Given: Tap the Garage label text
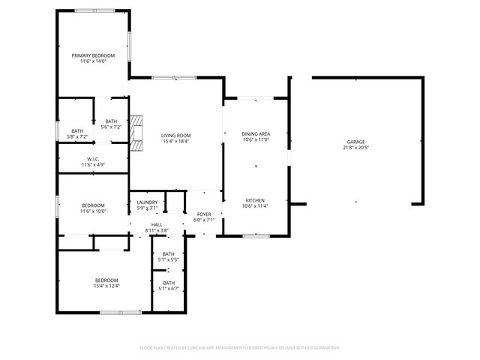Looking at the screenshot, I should [x=355, y=142].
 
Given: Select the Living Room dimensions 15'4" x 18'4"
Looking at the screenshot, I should [x=175, y=141].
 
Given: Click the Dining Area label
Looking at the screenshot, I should [x=256, y=134].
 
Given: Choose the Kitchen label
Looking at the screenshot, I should [x=256, y=200].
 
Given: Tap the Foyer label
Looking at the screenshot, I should [x=204, y=215].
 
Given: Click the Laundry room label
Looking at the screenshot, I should [x=147, y=202].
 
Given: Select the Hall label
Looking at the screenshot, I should [x=157, y=224].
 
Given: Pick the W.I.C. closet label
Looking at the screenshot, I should [x=93, y=158].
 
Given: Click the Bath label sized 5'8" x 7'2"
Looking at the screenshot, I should [x=77, y=131].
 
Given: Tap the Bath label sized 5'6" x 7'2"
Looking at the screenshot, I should [x=111, y=121].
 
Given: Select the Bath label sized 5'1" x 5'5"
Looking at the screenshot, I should [x=169, y=253].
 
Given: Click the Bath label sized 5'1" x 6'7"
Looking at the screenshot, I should [x=169, y=283].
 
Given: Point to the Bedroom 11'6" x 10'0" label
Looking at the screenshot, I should [x=93, y=205].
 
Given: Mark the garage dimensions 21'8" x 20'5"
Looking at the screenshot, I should [x=355, y=148].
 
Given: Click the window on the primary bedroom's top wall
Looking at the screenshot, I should [x=95, y=10].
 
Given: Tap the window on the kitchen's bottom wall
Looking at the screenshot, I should [x=255, y=236].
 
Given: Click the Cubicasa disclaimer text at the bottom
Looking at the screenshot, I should [x=240, y=348].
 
